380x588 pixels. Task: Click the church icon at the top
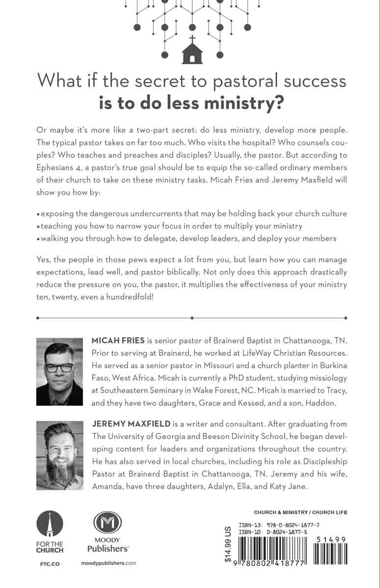(192, 51)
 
